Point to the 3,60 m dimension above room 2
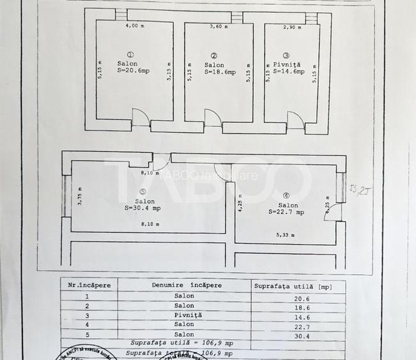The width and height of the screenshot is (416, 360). click(x=220, y=27)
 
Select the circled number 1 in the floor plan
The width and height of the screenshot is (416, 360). click(x=131, y=55)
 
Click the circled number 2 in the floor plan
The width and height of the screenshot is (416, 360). click(x=213, y=56)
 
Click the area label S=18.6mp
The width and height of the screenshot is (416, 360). click(x=220, y=72)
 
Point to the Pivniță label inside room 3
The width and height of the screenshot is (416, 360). click(x=287, y=65)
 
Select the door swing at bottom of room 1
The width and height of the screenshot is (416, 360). click(x=141, y=118)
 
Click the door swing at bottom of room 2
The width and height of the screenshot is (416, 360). click(x=213, y=119)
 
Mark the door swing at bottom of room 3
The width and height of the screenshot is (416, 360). click(x=295, y=119)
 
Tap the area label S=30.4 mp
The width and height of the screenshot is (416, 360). click(x=143, y=207)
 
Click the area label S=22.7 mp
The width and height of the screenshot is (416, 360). click(x=286, y=212)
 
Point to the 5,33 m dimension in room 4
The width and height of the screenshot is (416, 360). click(x=286, y=235)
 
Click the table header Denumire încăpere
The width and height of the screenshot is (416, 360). click(x=183, y=286)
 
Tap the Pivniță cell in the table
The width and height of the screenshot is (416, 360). click(x=183, y=315)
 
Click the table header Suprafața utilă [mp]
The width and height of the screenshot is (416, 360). click(x=293, y=286)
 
